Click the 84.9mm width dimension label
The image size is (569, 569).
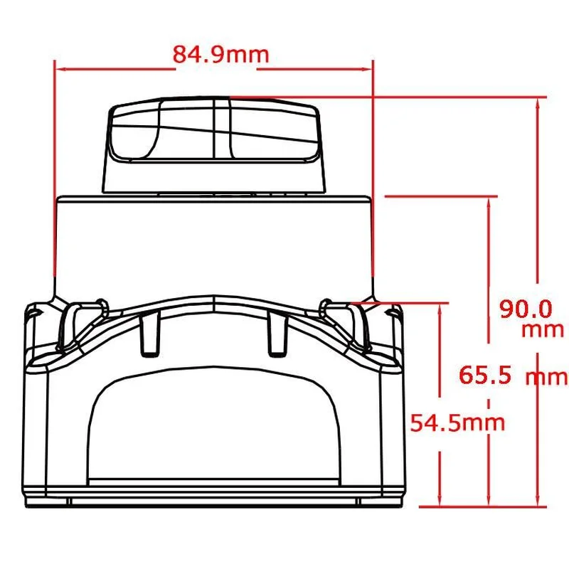(220, 55)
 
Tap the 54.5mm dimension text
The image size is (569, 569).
(457, 422)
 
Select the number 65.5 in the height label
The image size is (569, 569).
(485, 376)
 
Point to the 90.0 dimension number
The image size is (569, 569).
(526, 309)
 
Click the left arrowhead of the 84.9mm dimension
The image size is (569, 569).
(59, 68)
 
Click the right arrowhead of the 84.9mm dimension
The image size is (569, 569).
(368, 68)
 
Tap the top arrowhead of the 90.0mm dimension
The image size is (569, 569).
(538, 102)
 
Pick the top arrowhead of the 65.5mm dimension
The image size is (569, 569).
(489, 202)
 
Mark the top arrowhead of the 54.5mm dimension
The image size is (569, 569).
(440, 308)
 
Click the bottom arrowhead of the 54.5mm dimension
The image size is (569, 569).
(440, 501)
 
